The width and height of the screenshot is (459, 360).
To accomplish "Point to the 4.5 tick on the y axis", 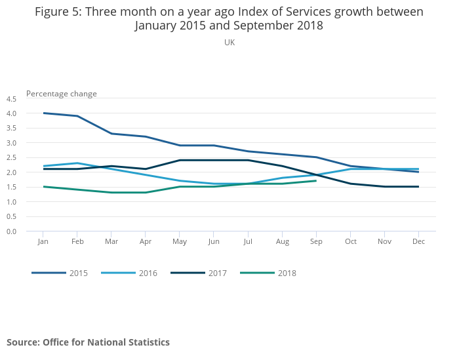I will point(11,99).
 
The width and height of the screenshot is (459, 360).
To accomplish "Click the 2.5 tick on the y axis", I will point(11,158).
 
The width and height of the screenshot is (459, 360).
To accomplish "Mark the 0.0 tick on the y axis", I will point(11,231).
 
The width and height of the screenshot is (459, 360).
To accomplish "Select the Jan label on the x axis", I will point(43,242).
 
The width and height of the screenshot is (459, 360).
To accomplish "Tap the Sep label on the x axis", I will point(317,242).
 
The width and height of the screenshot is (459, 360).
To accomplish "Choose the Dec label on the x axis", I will point(419,242).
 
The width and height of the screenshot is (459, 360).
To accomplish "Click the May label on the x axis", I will point(180,242).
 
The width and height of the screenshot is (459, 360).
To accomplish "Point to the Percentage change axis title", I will point(62,94).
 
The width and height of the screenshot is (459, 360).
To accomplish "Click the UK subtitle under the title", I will point(229,43).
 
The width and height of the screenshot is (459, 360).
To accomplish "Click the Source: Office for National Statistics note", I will point(88,342).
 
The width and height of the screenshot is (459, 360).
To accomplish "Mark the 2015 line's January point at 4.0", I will point(43,113).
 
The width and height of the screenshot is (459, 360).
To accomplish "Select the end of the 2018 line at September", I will point(317,181).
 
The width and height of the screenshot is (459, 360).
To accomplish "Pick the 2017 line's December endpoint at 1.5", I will point(419,187).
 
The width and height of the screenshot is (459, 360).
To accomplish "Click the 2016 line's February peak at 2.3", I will point(77,163).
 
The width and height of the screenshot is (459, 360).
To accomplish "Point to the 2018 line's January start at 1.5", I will point(43,187).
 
